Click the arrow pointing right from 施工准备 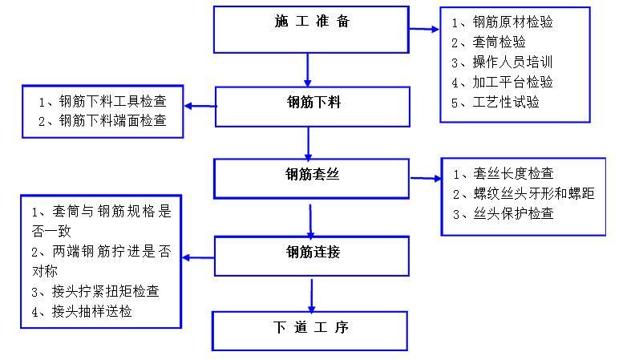pyautogui.click(x=425, y=30)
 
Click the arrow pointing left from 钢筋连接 pyautogui.click(x=197, y=257)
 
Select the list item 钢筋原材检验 pyautogui.click(x=513, y=22)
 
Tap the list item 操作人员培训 pyautogui.click(x=513, y=63)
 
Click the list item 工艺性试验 pyautogui.click(x=506, y=103)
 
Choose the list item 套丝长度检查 pyautogui.click(x=514, y=174)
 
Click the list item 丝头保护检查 pyautogui.click(x=514, y=214)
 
